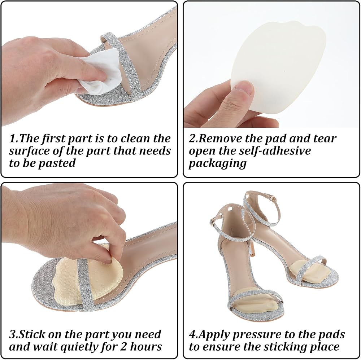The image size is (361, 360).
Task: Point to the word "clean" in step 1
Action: coord(136,139)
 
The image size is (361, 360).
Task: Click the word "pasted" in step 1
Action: coord(57,163)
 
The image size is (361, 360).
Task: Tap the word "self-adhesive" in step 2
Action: coord(275,151)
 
